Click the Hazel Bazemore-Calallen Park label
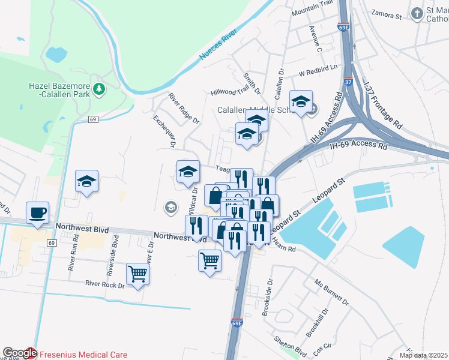tap(59, 89)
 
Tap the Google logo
tap(19, 353)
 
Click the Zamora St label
tap(386, 13)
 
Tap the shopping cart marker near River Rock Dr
tap(138, 274)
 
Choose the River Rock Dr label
tap(104, 284)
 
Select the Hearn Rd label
tap(284, 246)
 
